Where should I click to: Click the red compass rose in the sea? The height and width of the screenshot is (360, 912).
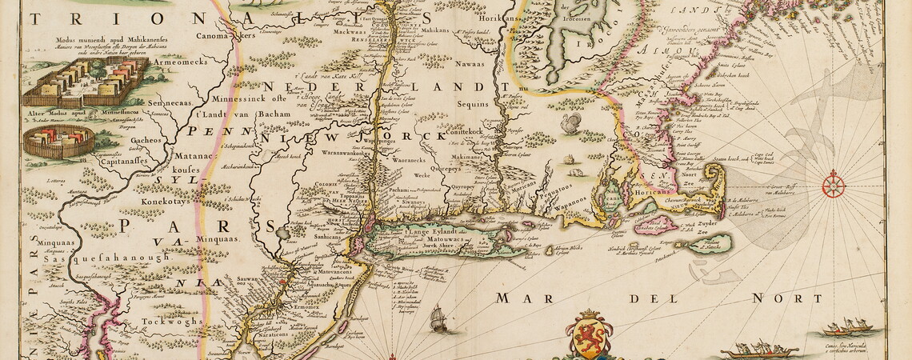pyautogui.click(x=833, y=184)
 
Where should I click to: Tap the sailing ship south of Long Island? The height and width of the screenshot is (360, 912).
pyautogui.click(x=439, y=319)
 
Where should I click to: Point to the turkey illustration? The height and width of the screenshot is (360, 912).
pyautogui.click(x=571, y=123)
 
